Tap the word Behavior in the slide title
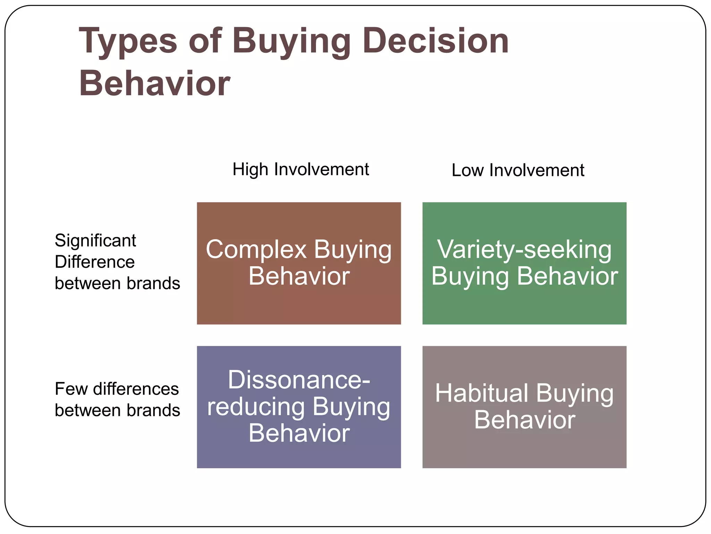(x=154, y=83)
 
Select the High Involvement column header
(x=301, y=170)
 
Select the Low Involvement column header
(x=518, y=170)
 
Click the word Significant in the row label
(x=95, y=241)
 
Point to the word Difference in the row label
(x=94, y=262)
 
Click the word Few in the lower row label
(x=71, y=389)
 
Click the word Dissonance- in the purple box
(x=299, y=380)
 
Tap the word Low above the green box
(x=467, y=170)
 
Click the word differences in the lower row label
(x=136, y=389)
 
